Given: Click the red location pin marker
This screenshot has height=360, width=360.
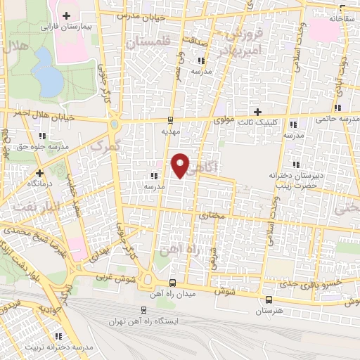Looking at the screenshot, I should pos(181,165).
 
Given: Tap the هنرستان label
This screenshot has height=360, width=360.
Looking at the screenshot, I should pos(267,310).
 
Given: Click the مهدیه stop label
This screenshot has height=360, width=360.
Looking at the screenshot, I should pos(171,131).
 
